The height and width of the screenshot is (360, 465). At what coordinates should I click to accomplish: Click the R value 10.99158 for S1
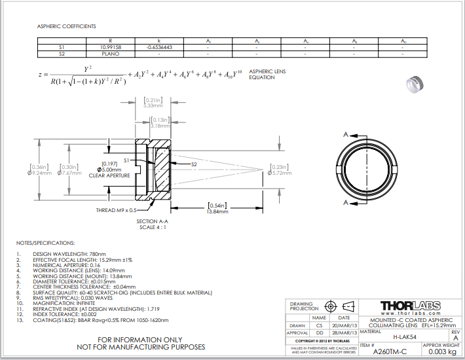110,47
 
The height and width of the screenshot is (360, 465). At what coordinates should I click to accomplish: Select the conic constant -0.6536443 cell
159,47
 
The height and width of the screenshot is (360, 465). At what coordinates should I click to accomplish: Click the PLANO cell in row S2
110,54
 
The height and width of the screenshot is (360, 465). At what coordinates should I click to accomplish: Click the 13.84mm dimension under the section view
217,212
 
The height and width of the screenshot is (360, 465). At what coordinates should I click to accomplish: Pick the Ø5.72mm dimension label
280,173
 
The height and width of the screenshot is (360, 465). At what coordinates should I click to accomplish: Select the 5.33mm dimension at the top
153,105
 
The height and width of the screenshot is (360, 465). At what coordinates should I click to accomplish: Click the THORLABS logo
411,305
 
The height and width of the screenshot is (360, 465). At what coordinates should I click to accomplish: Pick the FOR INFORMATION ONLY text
140,340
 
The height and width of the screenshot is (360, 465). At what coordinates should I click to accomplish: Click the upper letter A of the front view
344,134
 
